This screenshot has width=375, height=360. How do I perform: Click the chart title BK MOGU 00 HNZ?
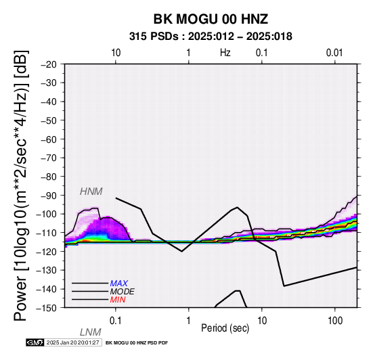point(211,19)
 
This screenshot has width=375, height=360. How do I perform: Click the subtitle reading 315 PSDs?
point(154,37)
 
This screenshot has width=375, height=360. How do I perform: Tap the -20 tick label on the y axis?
point(49,64)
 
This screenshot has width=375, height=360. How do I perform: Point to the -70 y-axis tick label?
point(49,158)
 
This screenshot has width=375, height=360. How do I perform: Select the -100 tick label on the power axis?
point(47,215)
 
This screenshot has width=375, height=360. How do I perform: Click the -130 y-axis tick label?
point(47,271)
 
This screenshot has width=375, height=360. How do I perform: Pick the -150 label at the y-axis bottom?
point(47,308)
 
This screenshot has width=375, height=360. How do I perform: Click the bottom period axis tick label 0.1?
point(116,321)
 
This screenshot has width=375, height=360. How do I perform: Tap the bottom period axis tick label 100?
point(335,321)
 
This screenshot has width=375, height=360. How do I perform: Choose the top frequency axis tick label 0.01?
point(334,53)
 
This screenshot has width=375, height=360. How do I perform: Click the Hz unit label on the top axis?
point(225,53)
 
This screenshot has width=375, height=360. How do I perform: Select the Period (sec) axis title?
point(225,328)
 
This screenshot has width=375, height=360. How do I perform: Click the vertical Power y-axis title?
point(20,185)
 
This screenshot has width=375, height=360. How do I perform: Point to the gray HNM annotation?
point(91,192)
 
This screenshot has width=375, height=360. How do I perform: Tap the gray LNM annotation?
point(91,332)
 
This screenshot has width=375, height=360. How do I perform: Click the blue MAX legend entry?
point(119,284)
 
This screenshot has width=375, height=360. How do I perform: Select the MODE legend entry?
point(123,292)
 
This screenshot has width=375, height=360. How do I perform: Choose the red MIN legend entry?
point(118,300)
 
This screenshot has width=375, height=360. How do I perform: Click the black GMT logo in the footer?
point(35,342)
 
